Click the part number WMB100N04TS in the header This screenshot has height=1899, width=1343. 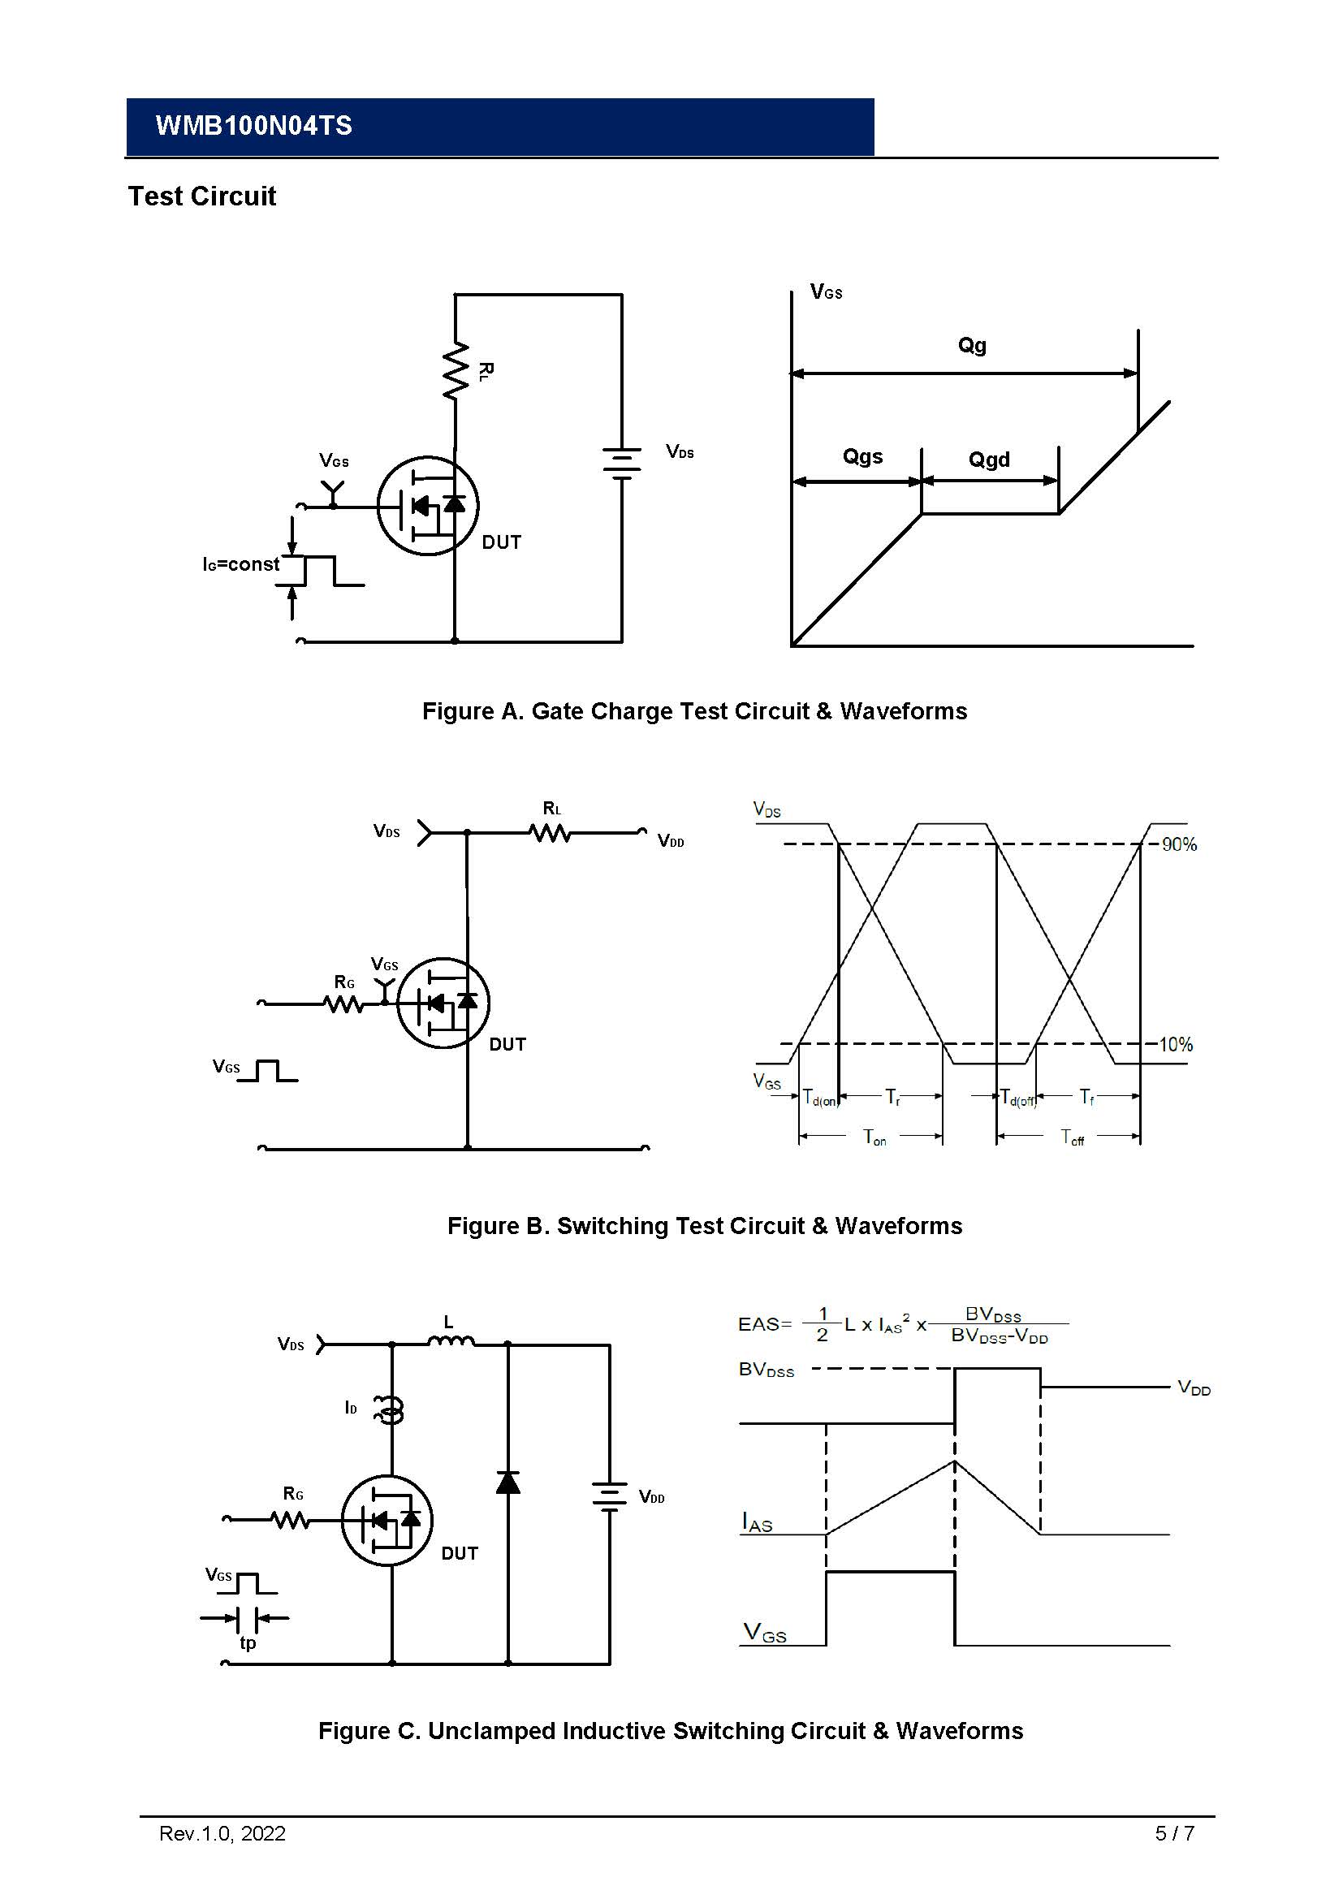(x=253, y=126)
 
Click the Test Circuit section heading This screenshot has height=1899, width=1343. (x=202, y=196)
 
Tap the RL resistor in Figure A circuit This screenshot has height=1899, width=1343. (x=456, y=371)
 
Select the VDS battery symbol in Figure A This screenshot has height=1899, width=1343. (x=622, y=463)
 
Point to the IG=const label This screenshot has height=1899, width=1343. (x=240, y=564)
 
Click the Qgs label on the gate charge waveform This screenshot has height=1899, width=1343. (x=862, y=456)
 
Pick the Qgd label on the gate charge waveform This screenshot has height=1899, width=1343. (x=988, y=460)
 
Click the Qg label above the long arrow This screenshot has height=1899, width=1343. (x=972, y=345)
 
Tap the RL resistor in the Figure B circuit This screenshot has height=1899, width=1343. (x=550, y=832)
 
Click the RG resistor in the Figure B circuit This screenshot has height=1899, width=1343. (x=343, y=1003)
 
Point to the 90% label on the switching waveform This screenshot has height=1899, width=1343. (x=1178, y=844)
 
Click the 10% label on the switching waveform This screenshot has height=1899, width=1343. (x=1175, y=1045)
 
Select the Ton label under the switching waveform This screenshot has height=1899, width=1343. (x=874, y=1137)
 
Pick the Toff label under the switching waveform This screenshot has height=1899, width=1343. (x=1072, y=1137)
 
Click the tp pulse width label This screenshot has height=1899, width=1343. (x=248, y=1642)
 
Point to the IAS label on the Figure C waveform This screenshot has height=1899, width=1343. (x=757, y=1522)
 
